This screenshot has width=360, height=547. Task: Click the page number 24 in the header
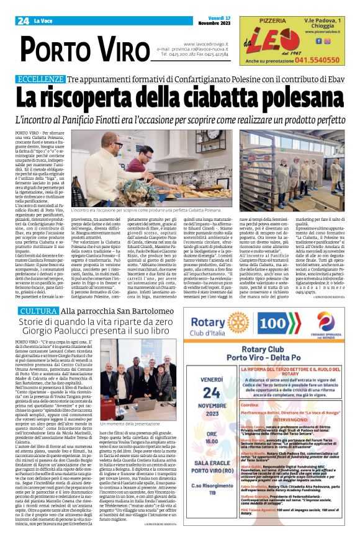point(24,21)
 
